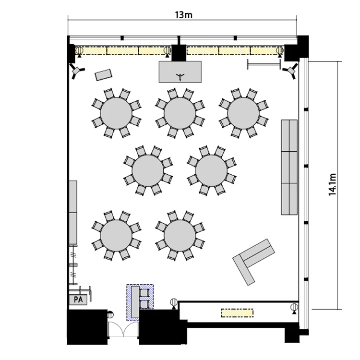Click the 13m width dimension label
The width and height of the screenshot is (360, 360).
tap(183, 15)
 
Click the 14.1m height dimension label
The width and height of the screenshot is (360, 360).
tap(333, 184)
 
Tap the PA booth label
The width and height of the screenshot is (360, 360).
tap(78, 300)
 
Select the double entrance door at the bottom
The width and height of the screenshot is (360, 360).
tap(123, 329)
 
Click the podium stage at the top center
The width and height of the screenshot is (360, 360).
tap(180, 72)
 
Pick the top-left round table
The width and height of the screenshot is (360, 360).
tap(116, 113)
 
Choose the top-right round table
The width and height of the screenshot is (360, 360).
tap(243, 113)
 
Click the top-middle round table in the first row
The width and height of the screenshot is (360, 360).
tap(180, 113)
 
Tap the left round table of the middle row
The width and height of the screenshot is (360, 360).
tap(148, 170)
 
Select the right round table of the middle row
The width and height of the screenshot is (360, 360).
tap(212, 170)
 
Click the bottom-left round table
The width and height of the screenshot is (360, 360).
tap(116, 236)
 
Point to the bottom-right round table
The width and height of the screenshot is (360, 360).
tap(180, 236)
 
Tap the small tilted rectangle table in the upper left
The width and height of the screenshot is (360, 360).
tap(104, 75)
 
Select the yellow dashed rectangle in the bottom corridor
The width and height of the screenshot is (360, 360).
tap(237, 313)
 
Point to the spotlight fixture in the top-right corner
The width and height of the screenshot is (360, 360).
tap(291, 71)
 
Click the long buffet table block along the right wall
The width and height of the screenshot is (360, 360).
tap(289, 167)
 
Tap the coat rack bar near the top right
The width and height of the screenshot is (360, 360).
tap(264, 64)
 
